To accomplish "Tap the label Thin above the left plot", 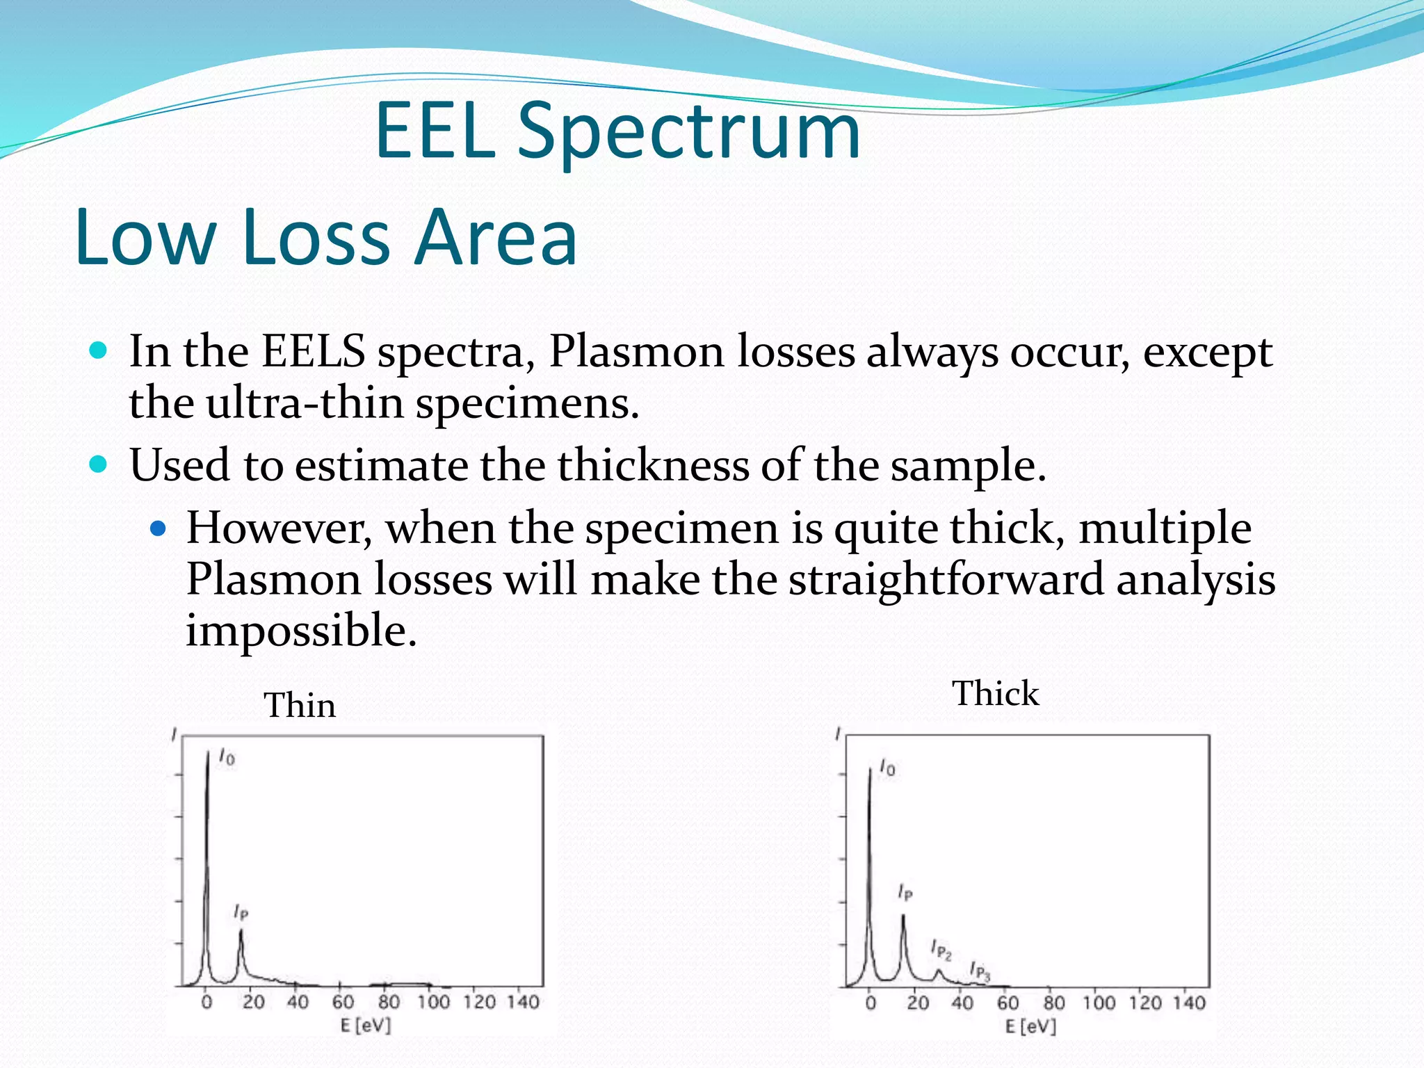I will click(x=300, y=706).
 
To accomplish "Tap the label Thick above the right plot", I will click(x=995, y=694).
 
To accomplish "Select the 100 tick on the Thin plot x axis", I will click(x=433, y=1002).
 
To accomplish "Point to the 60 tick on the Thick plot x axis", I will click(x=1008, y=1003).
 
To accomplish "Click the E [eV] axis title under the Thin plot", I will click(x=366, y=1026).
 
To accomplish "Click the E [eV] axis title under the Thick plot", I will click(x=1030, y=1026).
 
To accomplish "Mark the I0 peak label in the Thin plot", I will click(x=227, y=756).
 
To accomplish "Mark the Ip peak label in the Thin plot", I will click(x=241, y=912).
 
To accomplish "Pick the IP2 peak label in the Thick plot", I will click(x=941, y=950).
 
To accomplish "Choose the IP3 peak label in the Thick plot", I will click(x=980, y=971).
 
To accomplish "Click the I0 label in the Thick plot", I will click(x=887, y=768).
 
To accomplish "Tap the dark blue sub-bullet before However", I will click(x=159, y=529).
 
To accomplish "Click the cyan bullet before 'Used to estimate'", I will click(x=99, y=464).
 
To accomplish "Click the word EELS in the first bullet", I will click(x=314, y=352).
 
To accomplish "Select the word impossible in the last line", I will click(x=300, y=631).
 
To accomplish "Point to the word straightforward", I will click(x=946, y=580).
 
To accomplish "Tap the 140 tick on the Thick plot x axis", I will click(x=1189, y=1003).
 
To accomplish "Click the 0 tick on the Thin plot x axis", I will click(x=207, y=1002).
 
